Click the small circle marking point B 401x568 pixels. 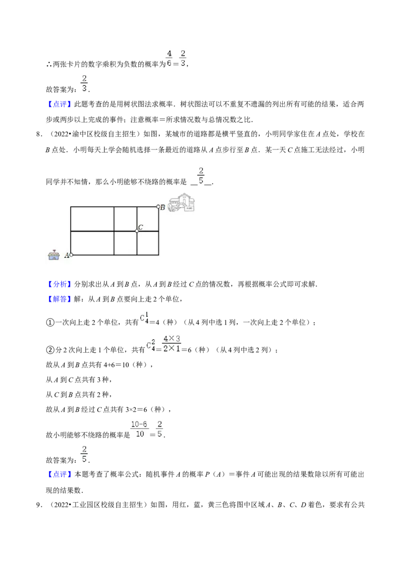click(x=158, y=207)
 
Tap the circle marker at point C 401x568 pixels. click(x=137, y=231)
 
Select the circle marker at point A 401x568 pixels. click(x=71, y=255)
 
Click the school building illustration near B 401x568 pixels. click(x=181, y=203)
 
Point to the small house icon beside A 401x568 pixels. click(x=54, y=255)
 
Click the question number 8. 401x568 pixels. click(x=39, y=134)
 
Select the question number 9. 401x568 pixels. click(x=39, y=505)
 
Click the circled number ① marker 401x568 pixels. click(x=50, y=323)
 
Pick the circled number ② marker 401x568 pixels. click(x=50, y=350)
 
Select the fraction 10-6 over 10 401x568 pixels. click(x=139, y=429)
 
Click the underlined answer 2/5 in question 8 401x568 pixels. click(x=201, y=176)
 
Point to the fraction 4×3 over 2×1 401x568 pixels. click(x=171, y=344)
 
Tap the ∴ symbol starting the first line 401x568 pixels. click(x=49, y=65)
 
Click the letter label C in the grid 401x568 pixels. click(x=141, y=227)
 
